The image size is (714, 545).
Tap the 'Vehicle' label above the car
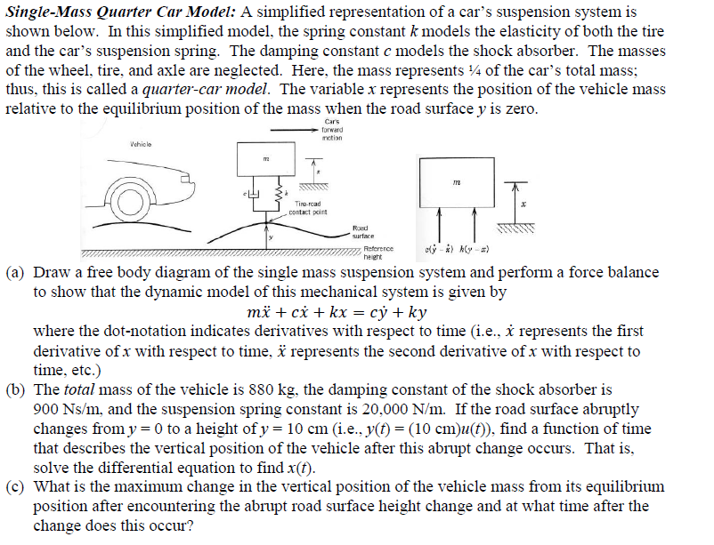(x=140, y=144)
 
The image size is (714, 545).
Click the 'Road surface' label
(x=363, y=232)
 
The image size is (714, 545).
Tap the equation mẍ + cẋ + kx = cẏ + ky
(x=335, y=313)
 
